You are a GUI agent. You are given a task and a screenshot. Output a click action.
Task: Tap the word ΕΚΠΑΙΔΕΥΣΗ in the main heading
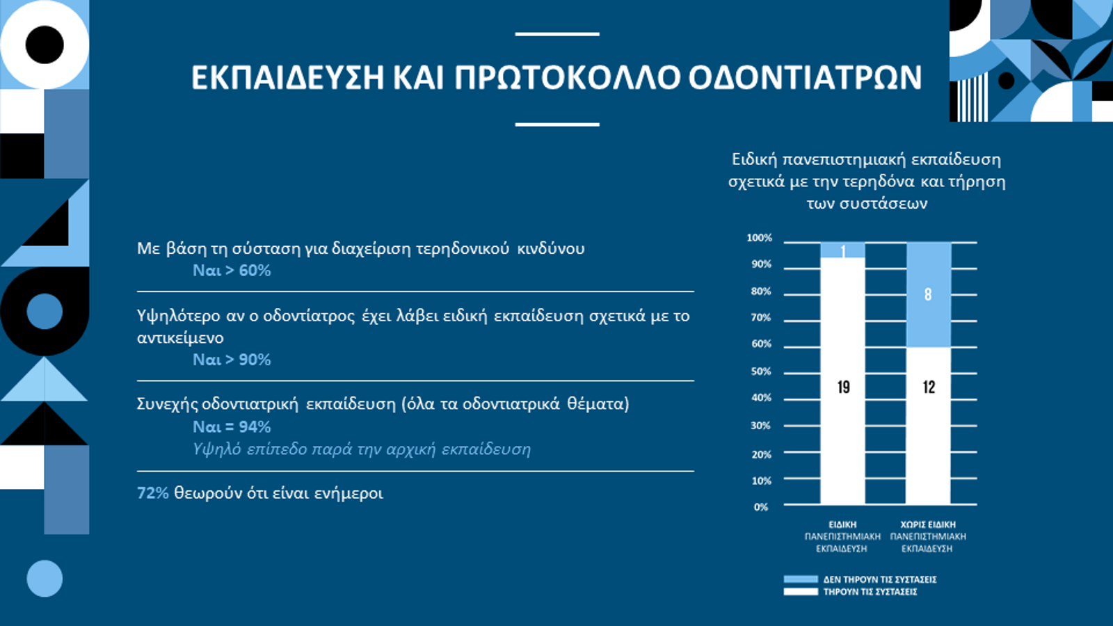pos(288,77)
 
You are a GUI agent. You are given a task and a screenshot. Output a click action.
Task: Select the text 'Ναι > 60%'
pos(232,271)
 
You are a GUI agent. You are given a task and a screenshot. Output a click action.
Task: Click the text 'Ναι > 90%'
pos(232,360)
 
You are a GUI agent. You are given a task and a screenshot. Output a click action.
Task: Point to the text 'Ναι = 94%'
pos(232,427)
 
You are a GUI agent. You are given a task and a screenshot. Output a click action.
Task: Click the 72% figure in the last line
pos(152,493)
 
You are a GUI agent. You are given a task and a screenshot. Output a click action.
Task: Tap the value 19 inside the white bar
pos(843,387)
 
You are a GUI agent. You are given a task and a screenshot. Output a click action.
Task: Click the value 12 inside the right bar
pos(929,387)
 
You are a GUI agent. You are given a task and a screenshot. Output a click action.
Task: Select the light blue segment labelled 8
pos(929,295)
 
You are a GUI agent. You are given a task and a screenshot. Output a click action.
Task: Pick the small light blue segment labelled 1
pos(842,250)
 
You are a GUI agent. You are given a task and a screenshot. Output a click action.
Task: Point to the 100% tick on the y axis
pos(759,238)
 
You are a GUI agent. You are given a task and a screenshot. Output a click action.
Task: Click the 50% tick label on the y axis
pos(761,371)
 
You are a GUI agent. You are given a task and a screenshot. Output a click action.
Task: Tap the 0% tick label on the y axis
pos(761,507)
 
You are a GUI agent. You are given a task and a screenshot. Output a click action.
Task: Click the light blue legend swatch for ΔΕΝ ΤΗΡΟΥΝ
pos(801,579)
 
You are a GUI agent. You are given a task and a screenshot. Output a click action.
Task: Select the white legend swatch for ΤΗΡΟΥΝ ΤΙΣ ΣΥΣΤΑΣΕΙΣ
pos(801,592)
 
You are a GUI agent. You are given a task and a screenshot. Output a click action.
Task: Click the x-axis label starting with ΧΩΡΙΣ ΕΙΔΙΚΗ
pos(928,536)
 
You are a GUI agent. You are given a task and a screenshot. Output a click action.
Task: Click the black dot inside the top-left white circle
pos(45,45)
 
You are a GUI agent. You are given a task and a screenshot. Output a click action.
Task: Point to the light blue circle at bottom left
pos(45,579)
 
